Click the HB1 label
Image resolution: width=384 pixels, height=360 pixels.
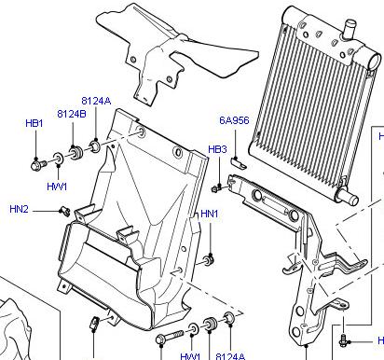[34, 123]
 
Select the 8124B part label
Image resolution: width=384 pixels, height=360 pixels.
[72, 114]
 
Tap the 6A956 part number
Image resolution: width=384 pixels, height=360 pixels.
[234, 120]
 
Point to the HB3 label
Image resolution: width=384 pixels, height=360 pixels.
[217, 149]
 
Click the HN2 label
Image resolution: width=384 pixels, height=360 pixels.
[19, 209]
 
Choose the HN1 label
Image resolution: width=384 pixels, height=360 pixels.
[210, 214]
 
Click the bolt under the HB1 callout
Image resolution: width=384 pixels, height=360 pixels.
[38, 165]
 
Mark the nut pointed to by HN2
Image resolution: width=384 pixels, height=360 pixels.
[65, 211]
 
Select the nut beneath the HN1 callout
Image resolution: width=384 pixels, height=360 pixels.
[208, 260]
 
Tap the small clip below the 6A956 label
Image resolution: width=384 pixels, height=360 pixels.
[239, 163]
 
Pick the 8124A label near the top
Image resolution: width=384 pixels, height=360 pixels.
[96, 101]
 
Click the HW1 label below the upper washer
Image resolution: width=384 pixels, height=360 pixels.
[57, 187]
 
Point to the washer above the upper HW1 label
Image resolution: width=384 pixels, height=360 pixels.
[58, 158]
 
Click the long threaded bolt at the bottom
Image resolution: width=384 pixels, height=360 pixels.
[171, 337]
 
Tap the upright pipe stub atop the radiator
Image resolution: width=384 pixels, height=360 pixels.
[349, 30]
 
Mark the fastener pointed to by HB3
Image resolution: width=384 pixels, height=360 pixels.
[215, 188]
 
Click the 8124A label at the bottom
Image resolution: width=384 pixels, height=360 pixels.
[230, 356]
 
